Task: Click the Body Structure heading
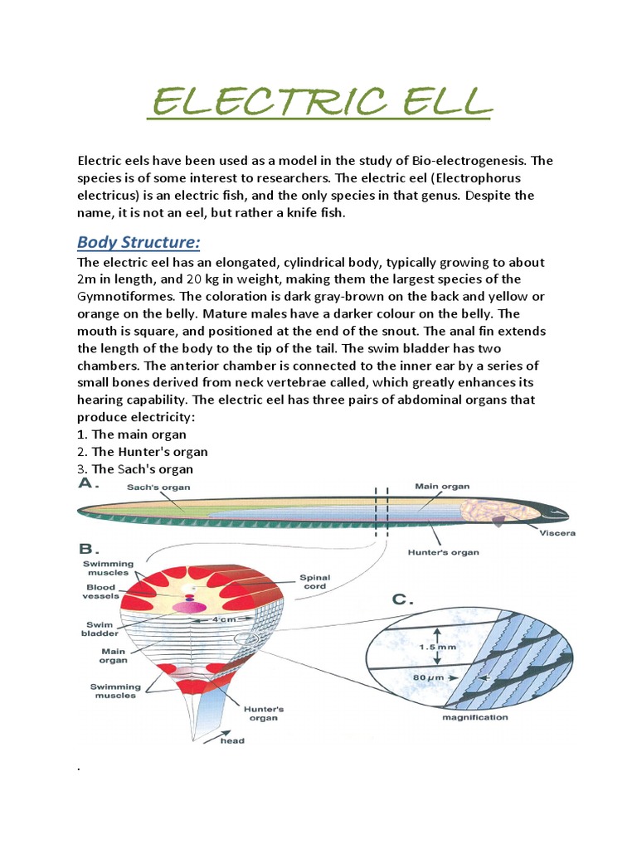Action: [140, 242]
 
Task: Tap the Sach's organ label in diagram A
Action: [159, 488]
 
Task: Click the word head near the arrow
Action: [232, 740]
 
